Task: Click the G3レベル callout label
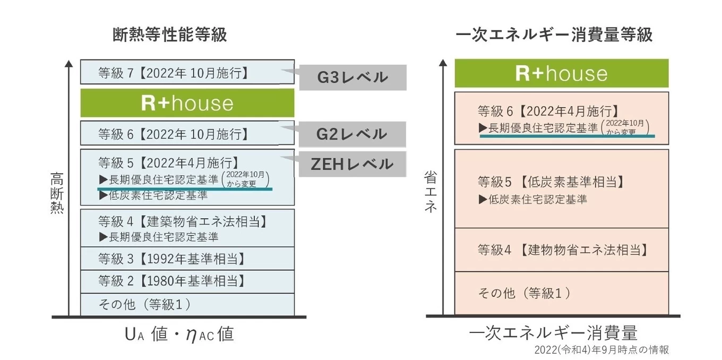pos(353,78)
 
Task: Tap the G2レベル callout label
pos(353,134)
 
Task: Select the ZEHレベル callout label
pos(353,164)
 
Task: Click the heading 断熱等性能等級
pos(170,35)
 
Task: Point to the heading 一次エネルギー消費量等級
pos(554,35)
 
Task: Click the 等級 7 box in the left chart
pos(187,72)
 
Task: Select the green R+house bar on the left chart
pos(187,103)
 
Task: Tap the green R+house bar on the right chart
pos(561,73)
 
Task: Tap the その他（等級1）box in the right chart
pos(561,293)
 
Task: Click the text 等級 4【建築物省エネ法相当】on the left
pos(182,221)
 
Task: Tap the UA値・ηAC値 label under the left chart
pos(179,335)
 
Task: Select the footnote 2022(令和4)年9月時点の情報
pos(601,350)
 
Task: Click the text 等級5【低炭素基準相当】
pos(551,182)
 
